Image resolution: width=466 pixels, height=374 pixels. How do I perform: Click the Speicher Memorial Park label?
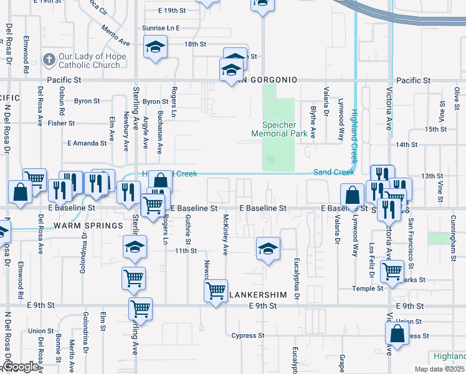tap(278, 129)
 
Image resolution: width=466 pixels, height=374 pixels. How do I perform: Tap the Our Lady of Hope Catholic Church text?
tap(92, 60)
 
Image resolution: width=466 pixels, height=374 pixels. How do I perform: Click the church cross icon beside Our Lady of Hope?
tap(49, 60)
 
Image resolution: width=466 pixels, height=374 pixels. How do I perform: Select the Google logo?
tap(21, 366)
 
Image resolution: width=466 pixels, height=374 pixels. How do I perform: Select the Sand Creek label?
tap(333, 172)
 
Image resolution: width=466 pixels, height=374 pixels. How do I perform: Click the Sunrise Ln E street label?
tap(160, 29)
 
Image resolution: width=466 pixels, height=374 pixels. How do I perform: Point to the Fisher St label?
tap(61, 123)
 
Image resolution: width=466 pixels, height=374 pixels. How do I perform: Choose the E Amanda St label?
tap(87, 143)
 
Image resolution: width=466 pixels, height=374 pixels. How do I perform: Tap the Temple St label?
tap(368, 289)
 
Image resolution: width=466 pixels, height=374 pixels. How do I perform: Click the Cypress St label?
tap(244, 335)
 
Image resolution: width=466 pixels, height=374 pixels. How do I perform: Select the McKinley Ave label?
tap(226, 236)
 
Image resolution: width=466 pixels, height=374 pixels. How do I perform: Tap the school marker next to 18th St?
tap(155, 48)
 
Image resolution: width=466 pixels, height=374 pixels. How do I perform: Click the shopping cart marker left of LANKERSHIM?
tap(216, 290)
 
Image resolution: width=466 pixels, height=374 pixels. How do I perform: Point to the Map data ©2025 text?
tap(439, 369)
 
